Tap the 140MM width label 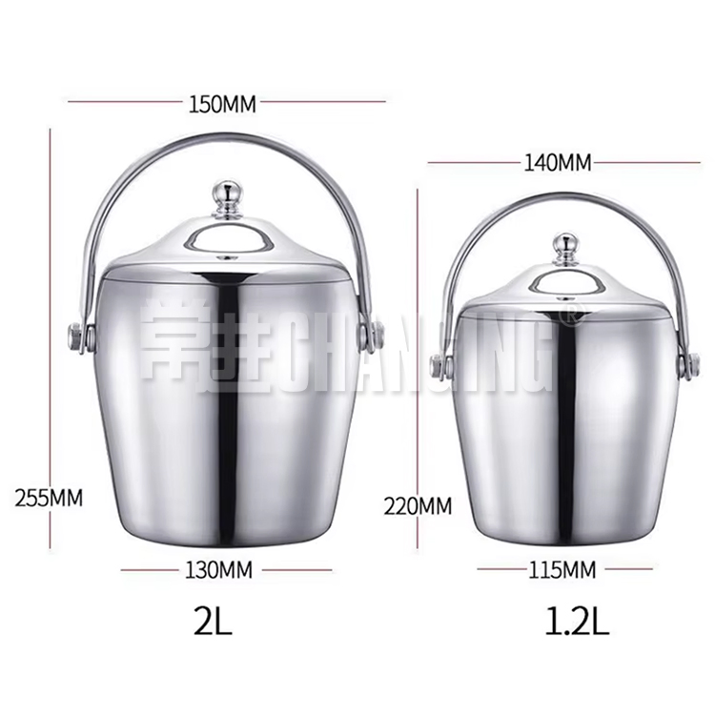(558, 162)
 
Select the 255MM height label (48, 497)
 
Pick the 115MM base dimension (562, 570)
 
